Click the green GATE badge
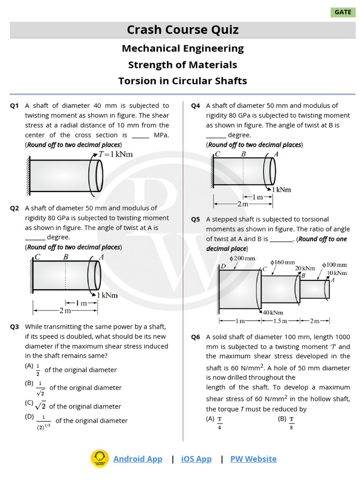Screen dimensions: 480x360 pos(343,12)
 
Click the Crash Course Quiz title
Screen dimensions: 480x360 pos(182,30)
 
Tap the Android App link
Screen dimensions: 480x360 pos(137,459)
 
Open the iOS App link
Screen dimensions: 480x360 pos(196,459)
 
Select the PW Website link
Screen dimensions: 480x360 pos(253,459)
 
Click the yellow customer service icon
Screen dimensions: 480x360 pos(99,458)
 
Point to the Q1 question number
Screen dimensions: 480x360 pos(15,106)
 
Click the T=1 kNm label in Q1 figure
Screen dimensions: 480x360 pos(115,154)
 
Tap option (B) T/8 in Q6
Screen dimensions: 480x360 pos(286,422)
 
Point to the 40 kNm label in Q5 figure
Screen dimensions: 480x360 pos(273,313)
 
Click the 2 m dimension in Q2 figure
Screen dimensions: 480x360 pos(65,310)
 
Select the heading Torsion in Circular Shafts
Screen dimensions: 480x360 pos(182,81)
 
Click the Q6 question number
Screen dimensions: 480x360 pos(195,337)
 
